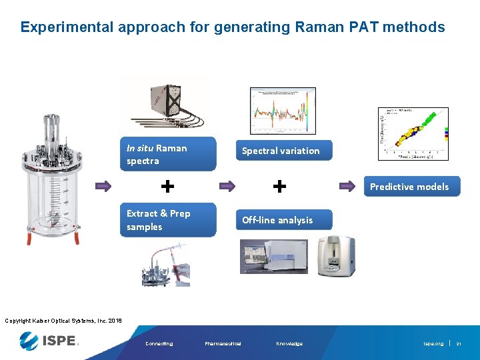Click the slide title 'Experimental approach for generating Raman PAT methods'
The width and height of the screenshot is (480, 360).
point(232,27)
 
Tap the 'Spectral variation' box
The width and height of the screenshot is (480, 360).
point(281,151)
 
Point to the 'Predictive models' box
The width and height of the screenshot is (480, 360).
point(409,187)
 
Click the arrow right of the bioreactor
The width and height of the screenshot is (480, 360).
point(103,187)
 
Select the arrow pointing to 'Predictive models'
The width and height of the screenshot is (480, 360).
point(349,187)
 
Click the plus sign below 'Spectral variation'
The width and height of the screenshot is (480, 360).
point(281,186)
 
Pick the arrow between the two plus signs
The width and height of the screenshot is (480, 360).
point(227,187)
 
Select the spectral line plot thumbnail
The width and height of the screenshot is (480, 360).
point(283,111)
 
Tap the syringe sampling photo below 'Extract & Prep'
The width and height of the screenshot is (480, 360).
point(165,265)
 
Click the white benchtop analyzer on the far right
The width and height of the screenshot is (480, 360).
point(335,255)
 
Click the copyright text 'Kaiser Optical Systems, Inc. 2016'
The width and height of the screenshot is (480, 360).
point(63,321)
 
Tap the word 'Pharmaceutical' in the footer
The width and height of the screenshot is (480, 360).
point(223,344)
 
